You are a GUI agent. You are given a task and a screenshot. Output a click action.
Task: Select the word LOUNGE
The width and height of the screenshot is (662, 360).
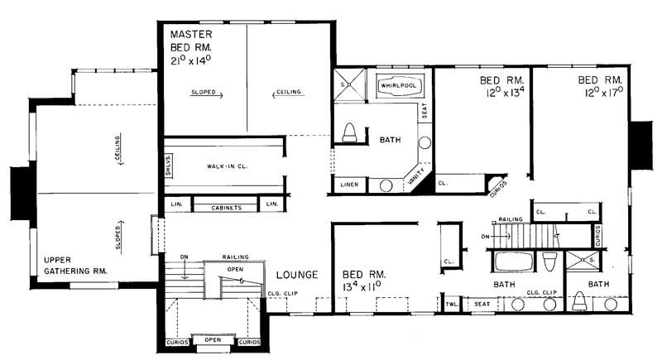294,274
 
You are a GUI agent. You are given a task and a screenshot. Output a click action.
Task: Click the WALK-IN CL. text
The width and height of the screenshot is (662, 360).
227,166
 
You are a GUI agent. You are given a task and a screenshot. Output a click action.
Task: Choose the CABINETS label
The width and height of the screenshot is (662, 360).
227,208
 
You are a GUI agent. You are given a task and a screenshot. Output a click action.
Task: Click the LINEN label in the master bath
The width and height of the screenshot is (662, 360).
349,185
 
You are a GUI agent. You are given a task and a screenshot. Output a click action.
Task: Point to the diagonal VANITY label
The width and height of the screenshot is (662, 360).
417,175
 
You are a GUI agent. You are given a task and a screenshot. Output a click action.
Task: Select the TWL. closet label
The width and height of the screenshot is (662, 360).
451,305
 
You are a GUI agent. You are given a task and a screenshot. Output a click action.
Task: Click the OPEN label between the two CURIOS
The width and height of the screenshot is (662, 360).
213,339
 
